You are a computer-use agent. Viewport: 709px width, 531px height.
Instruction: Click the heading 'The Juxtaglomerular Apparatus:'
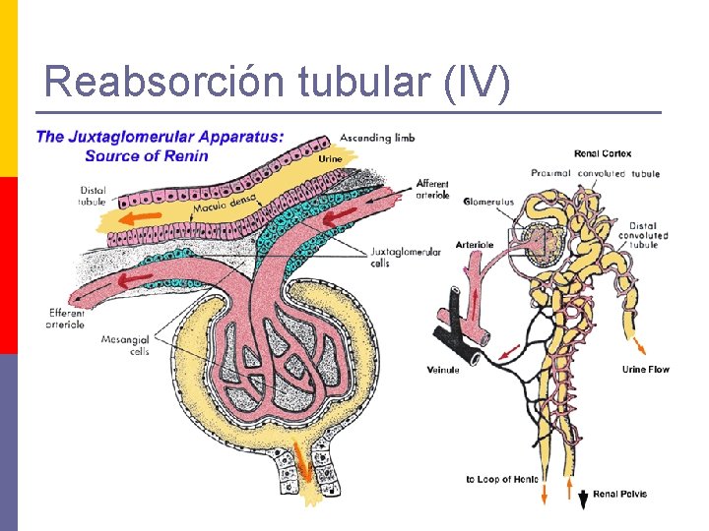(x=160, y=138)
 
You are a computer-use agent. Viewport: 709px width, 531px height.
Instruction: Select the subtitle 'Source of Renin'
(x=146, y=155)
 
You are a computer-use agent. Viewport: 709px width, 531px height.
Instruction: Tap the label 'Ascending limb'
(x=377, y=138)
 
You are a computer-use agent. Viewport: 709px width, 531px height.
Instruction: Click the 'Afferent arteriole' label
(x=432, y=189)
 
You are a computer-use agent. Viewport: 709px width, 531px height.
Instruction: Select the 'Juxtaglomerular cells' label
(x=406, y=258)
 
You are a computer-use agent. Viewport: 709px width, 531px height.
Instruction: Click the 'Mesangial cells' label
(x=125, y=345)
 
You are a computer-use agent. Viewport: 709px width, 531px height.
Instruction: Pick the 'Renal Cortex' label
(x=603, y=153)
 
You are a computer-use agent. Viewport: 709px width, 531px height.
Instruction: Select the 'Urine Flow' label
(x=645, y=370)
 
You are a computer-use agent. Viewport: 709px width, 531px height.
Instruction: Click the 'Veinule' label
(x=443, y=370)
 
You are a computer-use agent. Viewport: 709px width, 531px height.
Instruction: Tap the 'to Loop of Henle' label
(x=502, y=479)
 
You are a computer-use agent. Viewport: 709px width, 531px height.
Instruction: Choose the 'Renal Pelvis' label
(x=621, y=494)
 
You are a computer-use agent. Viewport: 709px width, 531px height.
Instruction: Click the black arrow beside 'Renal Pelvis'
(x=583, y=499)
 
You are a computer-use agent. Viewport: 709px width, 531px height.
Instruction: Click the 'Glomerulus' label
(x=488, y=203)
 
